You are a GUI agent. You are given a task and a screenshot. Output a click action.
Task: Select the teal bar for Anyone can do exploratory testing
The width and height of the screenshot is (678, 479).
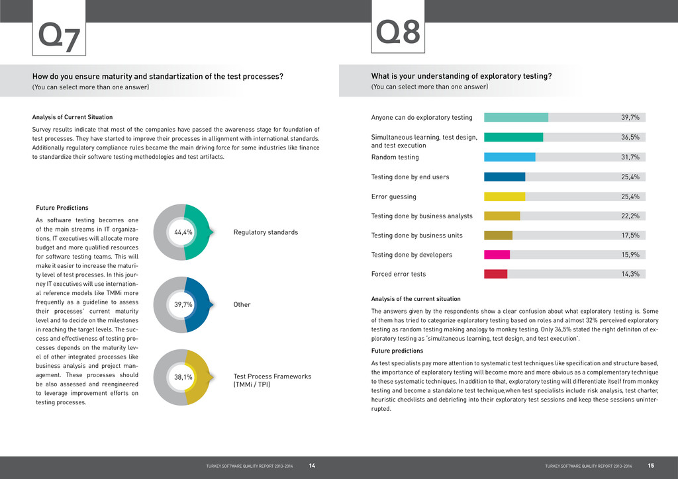(516, 117)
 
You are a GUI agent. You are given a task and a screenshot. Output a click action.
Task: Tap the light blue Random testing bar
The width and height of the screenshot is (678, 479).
(509, 157)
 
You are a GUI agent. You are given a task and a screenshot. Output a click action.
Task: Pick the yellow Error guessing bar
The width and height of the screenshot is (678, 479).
(505, 196)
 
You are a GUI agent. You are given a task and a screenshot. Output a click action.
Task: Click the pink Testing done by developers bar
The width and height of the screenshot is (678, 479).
(497, 255)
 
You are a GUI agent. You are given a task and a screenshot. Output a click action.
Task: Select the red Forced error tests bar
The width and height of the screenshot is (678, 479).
(495, 274)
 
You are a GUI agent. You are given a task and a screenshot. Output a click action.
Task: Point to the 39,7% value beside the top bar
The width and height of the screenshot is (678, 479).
(630, 117)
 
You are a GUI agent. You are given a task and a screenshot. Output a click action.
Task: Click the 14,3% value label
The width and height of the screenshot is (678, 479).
(630, 274)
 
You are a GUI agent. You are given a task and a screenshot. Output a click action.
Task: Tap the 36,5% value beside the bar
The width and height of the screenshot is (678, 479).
(630, 137)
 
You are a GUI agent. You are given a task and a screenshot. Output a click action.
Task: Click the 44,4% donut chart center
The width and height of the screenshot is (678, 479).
(183, 232)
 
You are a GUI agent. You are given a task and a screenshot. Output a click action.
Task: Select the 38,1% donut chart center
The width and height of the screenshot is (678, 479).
(183, 377)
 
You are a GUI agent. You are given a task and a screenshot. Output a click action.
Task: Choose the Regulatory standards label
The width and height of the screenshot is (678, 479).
(266, 232)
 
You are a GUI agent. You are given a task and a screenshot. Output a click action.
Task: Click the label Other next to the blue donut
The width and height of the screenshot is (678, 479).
(243, 305)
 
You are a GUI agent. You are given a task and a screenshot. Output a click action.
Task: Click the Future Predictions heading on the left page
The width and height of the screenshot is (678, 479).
(62, 208)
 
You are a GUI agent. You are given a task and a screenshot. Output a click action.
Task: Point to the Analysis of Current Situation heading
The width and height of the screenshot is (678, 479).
(72, 117)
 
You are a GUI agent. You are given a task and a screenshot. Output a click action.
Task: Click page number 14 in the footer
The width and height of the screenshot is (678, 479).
(312, 466)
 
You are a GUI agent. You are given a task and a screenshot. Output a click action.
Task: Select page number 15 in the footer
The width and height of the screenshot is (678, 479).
(651, 466)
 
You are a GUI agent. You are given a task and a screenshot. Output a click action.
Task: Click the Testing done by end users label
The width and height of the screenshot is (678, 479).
(410, 177)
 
